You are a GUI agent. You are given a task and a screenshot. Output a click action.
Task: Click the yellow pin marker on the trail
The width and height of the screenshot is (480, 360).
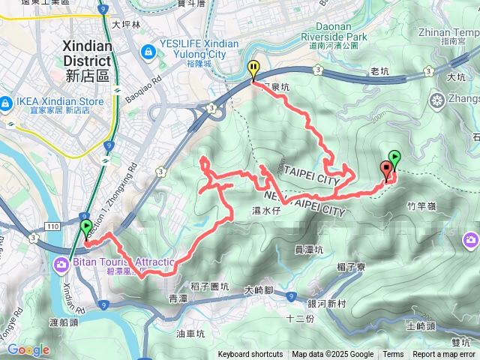[x=254, y=70]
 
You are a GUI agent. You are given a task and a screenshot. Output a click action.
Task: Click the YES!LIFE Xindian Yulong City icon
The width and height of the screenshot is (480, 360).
[x=148, y=52]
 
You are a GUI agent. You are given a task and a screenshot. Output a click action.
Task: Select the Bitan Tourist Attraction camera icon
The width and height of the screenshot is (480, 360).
[x=58, y=263]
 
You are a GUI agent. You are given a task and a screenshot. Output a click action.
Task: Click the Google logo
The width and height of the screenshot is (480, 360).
[x=28, y=349]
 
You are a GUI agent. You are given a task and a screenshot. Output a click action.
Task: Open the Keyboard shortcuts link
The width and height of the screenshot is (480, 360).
[x=250, y=355]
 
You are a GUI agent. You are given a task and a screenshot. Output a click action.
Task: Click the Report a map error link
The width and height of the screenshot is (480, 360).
[x=445, y=355]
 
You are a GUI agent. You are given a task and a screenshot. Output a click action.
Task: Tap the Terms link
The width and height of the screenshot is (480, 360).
[x=393, y=355]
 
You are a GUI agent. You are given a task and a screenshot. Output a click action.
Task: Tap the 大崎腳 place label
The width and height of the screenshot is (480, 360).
[x=260, y=289]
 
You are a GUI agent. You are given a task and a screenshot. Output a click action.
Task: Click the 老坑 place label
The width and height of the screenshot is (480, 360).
[x=381, y=72]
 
